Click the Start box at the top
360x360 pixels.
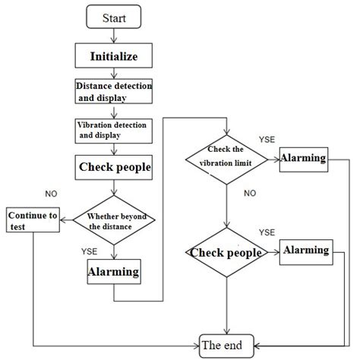click(x=113, y=16)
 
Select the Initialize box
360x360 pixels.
click(x=113, y=55)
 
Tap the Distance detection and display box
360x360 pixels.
click(x=113, y=92)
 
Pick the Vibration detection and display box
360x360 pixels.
click(x=113, y=129)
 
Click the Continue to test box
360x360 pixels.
click(x=33, y=219)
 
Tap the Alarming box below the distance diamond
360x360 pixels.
click(x=113, y=271)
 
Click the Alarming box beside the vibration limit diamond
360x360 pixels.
click(x=303, y=159)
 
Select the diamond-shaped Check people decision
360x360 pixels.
click(x=226, y=252)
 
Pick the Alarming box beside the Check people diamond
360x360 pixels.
click(x=305, y=251)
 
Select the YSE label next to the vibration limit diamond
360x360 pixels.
click(x=267, y=141)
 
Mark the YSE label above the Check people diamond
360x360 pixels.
click(x=267, y=232)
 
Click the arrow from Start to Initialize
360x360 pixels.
click(x=113, y=35)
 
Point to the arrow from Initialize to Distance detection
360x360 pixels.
click(x=113, y=72)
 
